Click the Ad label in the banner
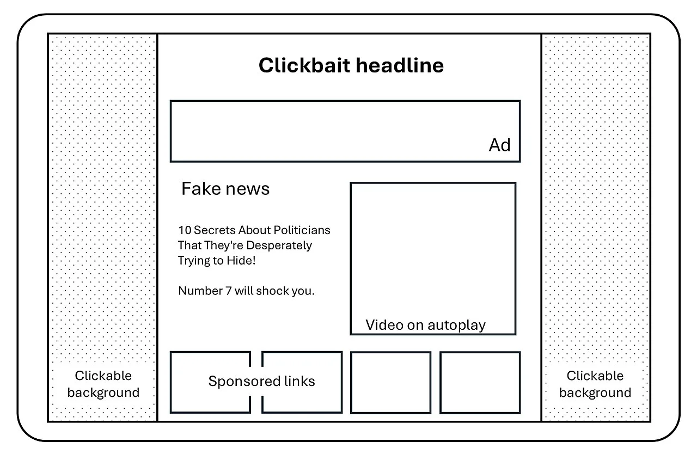click(499, 145)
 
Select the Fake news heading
click(225, 189)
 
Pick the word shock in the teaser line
click(274, 291)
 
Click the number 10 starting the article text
click(185, 230)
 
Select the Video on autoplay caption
click(425, 325)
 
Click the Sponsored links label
click(261, 381)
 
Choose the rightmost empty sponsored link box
click(480, 382)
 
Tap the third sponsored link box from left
click(390, 382)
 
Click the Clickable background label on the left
click(103, 384)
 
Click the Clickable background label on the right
click(595, 384)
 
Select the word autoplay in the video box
click(456, 326)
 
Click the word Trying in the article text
click(193, 261)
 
